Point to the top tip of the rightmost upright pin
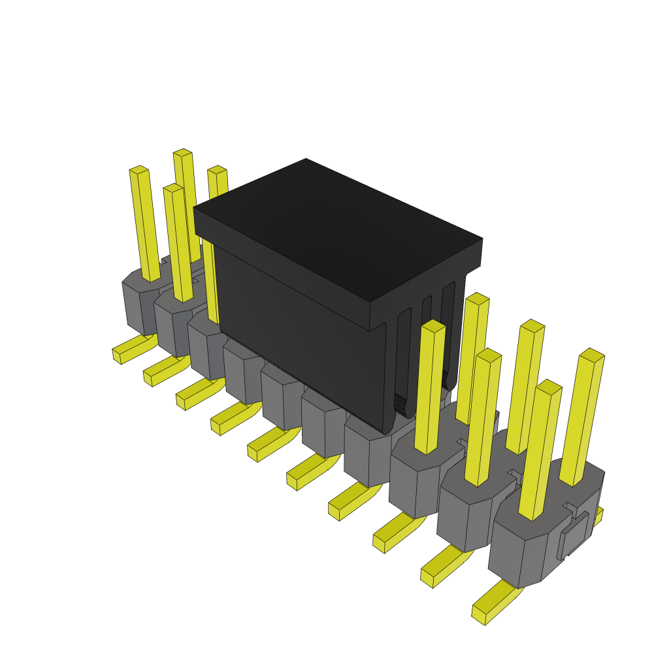click(x=592, y=356)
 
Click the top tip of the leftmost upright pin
click(x=139, y=170)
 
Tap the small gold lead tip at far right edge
click(x=598, y=516)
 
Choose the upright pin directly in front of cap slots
click(x=431, y=385)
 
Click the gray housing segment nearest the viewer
click(x=523, y=549)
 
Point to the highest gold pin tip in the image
click(x=182, y=153)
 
